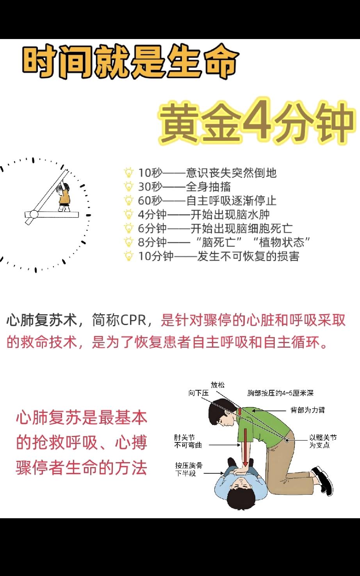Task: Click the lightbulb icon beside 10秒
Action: tap(128, 173)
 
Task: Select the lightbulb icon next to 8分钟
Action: tap(128, 242)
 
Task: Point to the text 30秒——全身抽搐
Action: tap(184, 187)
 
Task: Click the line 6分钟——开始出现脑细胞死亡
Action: tap(215, 229)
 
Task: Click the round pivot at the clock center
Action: tap(34, 214)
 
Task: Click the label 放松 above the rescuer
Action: tap(218, 385)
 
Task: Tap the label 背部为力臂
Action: tap(307, 410)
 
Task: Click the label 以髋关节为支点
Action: tap(323, 441)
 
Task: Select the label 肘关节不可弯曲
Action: tap(185, 441)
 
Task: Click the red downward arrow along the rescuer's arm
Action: tap(246, 447)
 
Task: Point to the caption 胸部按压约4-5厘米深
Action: tap(280, 393)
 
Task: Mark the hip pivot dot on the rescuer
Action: tap(288, 440)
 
